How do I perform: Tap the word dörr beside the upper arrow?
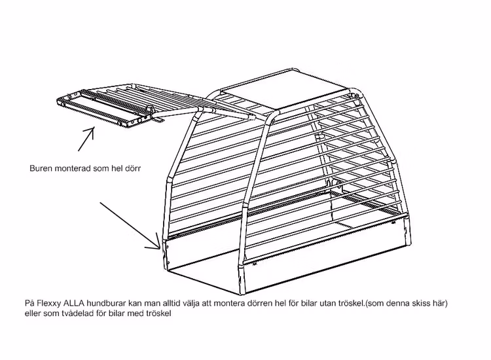point(133,168)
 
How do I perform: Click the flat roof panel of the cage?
point(283,92)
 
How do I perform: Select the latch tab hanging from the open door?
point(158,119)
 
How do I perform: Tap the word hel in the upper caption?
point(117,168)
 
